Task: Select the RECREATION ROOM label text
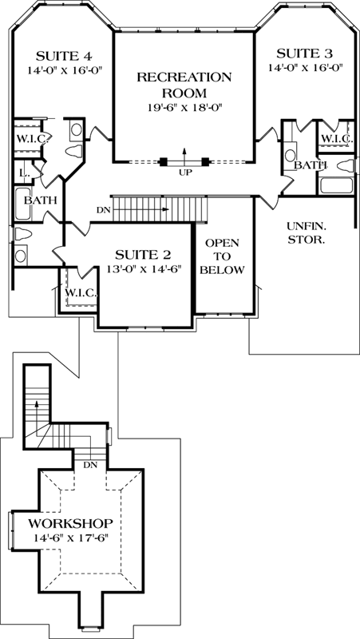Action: tap(184, 85)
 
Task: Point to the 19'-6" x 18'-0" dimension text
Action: tap(184, 106)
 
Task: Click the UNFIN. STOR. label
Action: tap(305, 232)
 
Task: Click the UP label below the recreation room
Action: tap(184, 171)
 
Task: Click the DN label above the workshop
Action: tap(90, 463)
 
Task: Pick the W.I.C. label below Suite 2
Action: tap(81, 292)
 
